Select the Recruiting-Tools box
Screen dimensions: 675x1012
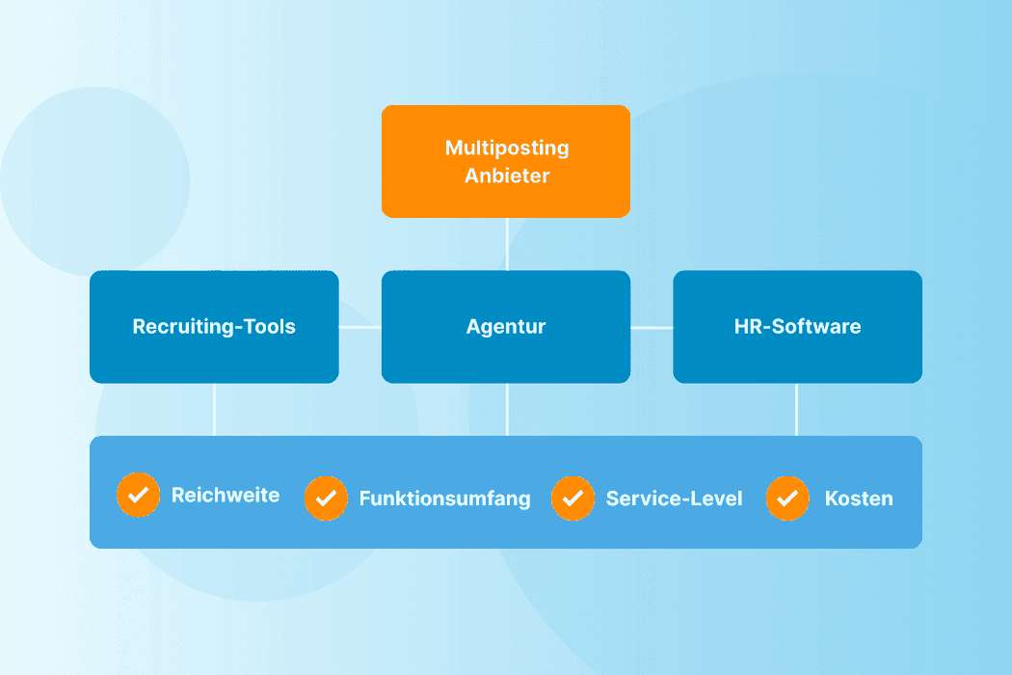click(x=214, y=326)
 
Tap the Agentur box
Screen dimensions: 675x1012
click(x=506, y=326)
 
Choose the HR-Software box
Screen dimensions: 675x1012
click(x=797, y=326)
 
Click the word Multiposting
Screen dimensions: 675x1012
click(x=507, y=148)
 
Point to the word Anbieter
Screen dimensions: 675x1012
click(x=507, y=176)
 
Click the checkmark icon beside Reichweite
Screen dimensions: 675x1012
click(x=138, y=495)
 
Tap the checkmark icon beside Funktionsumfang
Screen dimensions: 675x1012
click(x=326, y=499)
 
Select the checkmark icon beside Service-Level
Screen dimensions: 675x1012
click(x=573, y=499)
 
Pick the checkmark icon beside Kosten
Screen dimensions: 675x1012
click(x=787, y=499)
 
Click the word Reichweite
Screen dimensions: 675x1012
click(x=226, y=495)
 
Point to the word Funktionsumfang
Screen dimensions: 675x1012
click(x=444, y=499)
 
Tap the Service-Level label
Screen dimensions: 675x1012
click(x=674, y=499)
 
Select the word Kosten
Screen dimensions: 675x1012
click(x=859, y=499)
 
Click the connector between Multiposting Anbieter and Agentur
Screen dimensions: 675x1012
click(x=507, y=244)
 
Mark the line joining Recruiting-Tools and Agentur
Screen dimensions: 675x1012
click(x=360, y=328)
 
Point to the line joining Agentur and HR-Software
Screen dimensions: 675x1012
click(x=652, y=328)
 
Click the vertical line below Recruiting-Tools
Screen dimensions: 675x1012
click(x=214, y=410)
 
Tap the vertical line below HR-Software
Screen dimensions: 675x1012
click(x=797, y=410)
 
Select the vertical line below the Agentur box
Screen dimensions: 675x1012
click(x=507, y=410)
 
